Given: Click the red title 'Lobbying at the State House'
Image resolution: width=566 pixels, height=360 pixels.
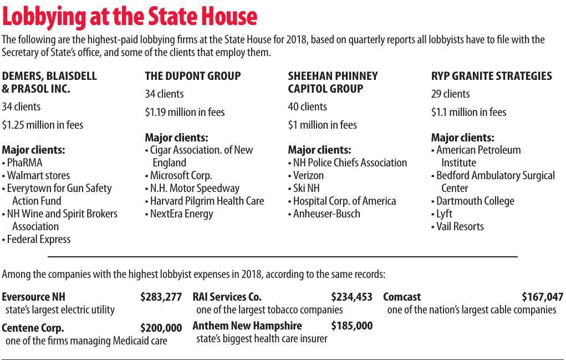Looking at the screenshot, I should (x=130, y=17).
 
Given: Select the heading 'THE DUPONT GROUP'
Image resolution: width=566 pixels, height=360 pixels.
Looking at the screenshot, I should (x=192, y=76).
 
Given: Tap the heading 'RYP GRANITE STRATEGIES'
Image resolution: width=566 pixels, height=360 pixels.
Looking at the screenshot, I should (x=491, y=76).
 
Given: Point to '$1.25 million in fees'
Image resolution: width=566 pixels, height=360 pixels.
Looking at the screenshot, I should (x=43, y=125).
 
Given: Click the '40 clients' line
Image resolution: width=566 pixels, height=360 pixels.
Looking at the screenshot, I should (x=307, y=107).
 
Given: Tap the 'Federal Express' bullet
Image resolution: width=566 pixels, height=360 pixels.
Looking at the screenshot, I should (x=38, y=239).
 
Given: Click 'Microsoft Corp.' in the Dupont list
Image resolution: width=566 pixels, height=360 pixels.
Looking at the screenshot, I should (x=181, y=175).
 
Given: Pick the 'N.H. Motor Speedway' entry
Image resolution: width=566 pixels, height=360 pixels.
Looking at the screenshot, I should (x=195, y=188).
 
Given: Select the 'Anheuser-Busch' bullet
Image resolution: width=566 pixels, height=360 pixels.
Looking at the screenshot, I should (x=326, y=214).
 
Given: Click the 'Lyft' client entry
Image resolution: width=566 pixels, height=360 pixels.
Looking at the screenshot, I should (x=444, y=214).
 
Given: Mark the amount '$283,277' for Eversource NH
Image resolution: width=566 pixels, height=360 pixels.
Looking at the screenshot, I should (x=161, y=297).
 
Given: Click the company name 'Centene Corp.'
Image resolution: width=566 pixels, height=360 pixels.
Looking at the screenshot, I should (x=33, y=328).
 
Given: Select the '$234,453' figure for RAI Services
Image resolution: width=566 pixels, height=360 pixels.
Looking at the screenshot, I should (x=351, y=297).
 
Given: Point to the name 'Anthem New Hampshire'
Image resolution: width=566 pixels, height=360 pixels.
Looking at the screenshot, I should (x=247, y=326).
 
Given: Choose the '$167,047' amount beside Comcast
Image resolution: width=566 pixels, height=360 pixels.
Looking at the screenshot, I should (x=542, y=297).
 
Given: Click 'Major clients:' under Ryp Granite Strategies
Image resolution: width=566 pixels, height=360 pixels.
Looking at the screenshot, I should (x=462, y=138).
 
